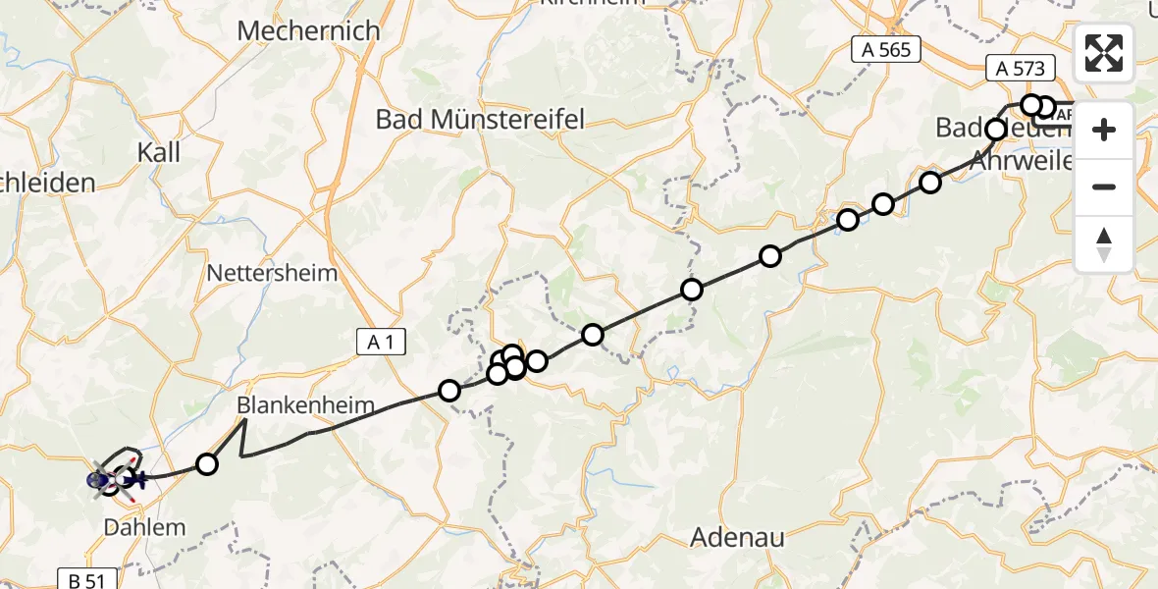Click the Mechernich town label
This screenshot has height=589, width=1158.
(x=308, y=31)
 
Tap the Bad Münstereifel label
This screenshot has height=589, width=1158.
(x=481, y=120)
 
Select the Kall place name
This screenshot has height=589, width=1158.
(x=159, y=152)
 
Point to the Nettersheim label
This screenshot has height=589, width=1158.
(x=273, y=273)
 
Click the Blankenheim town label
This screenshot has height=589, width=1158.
(x=291, y=405)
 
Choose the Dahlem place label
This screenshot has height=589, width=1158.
(x=144, y=527)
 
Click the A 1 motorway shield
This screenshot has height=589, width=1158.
(x=381, y=342)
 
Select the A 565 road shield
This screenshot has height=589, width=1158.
(x=886, y=50)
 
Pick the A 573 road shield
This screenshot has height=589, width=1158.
(x=1021, y=68)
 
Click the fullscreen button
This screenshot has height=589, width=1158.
(x=1104, y=53)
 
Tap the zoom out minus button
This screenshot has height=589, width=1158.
(x=1104, y=187)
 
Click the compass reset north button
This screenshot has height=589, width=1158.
(x=1104, y=243)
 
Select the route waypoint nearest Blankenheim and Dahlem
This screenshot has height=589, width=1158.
(x=206, y=463)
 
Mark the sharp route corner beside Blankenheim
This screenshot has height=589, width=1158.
(x=244, y=420)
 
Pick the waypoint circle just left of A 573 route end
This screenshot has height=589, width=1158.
(x=1030, y=105)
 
